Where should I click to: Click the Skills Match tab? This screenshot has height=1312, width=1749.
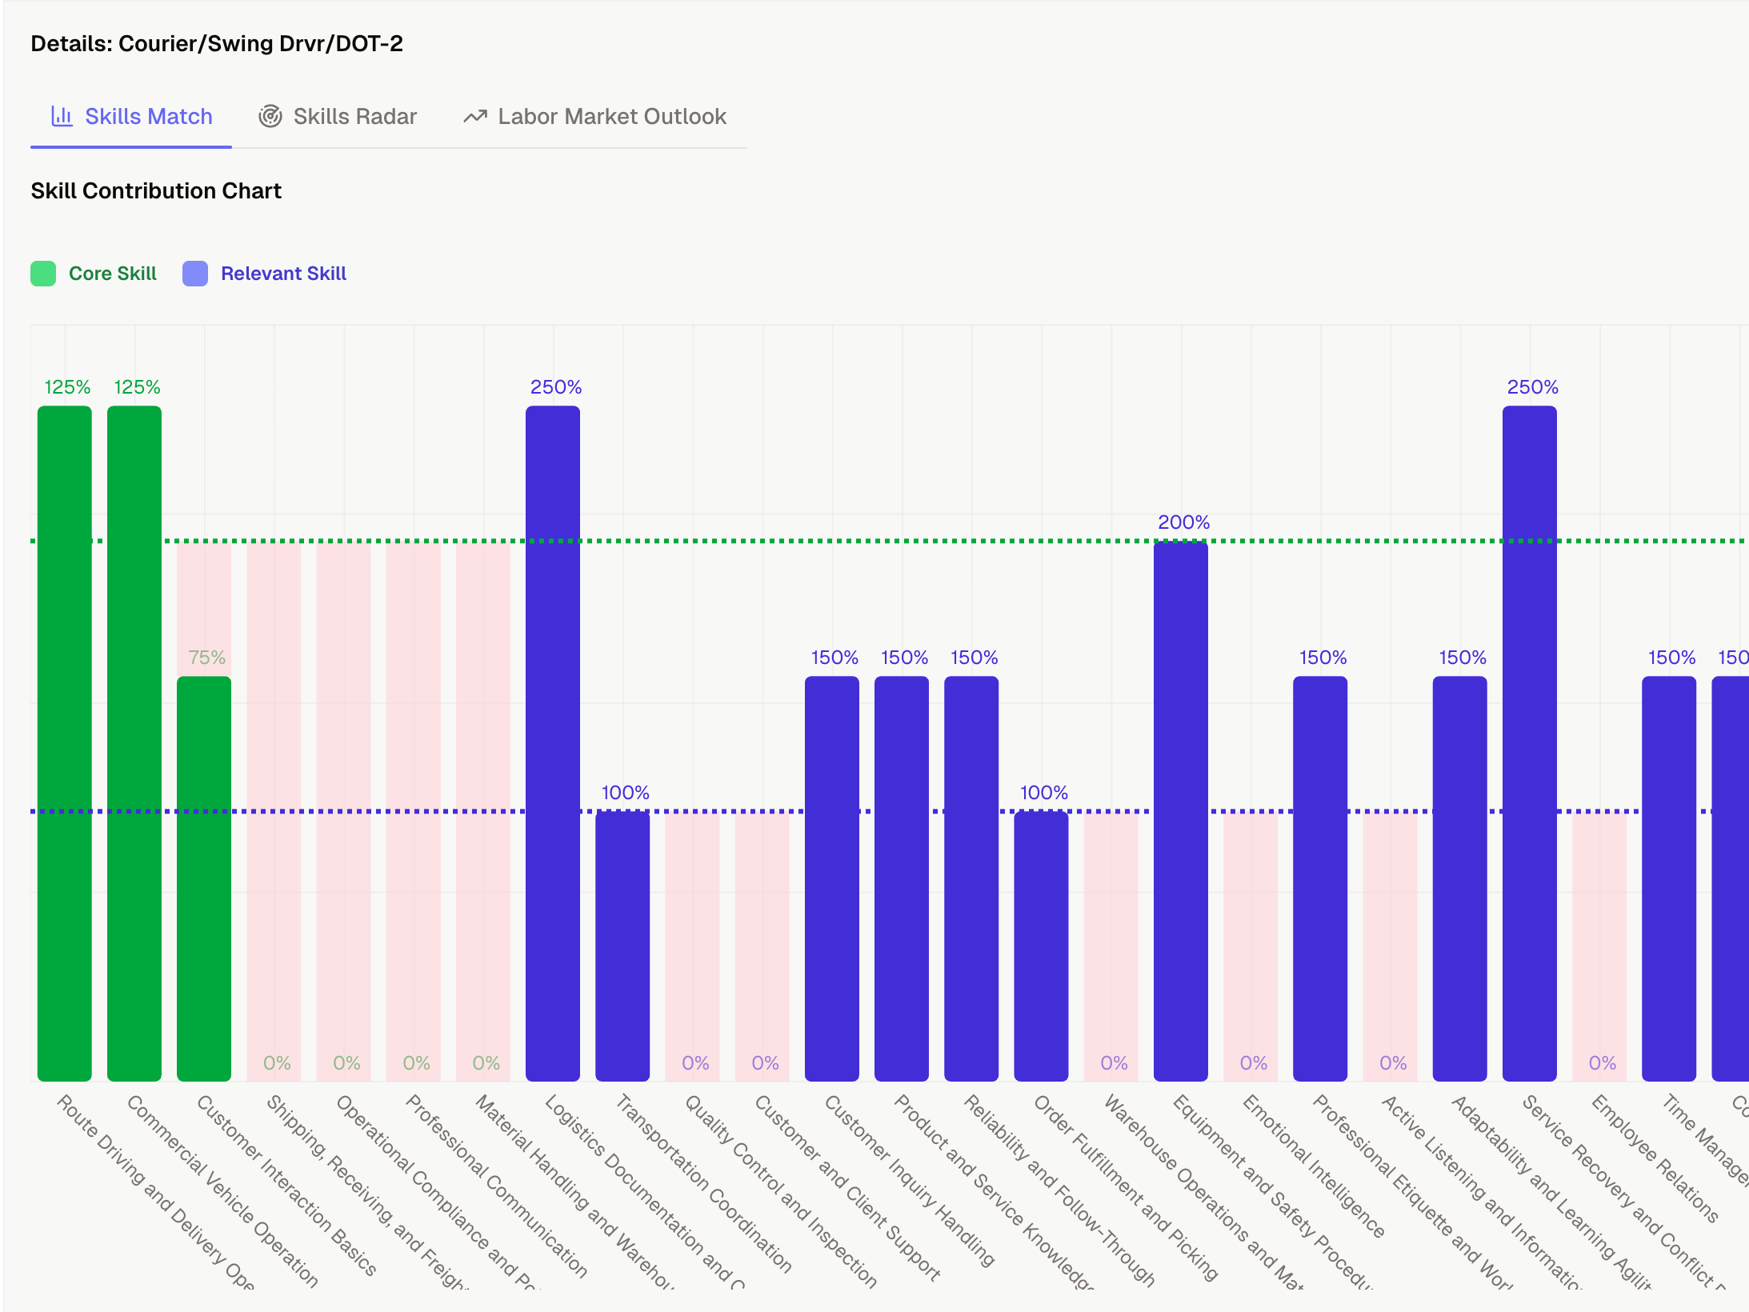(x=132, y=117)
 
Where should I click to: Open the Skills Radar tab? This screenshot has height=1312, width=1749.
(x=338, y=117)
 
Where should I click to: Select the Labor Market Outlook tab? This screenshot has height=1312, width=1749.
(x=595, y=117)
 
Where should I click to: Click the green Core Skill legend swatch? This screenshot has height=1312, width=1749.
(x=43, y=274)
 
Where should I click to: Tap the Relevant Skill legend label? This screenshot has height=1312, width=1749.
(x=283, y=274)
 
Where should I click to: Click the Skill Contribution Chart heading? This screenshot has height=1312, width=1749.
(x=156, y=190)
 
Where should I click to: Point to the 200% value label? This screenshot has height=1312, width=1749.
(x=1183, y=522)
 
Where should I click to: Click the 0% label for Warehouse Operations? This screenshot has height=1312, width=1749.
(x=1114, y=1063)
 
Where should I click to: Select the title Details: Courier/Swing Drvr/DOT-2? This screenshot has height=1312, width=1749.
(x=217, y=43)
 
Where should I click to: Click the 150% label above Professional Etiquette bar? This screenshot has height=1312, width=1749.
(x=1323, y=658)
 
